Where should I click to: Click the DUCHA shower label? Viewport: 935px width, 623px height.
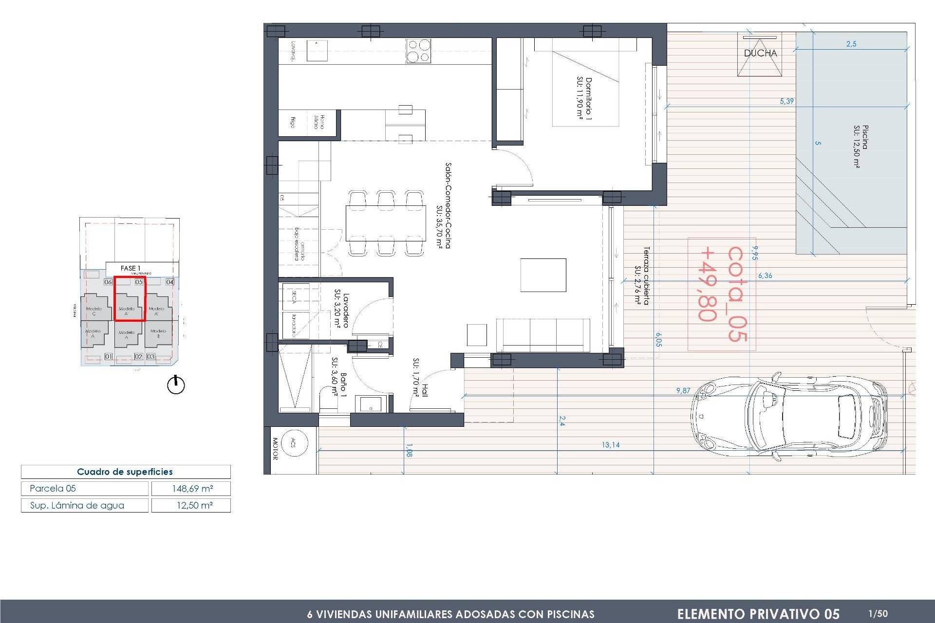point(760,53)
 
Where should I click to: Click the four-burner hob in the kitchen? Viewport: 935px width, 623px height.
point(418,51)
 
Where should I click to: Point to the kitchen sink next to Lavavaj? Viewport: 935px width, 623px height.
point(317,51)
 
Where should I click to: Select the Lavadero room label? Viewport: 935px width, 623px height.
point(342,310)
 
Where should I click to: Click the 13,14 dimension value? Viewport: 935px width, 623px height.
point(610,445)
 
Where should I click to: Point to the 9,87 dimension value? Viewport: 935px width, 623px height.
point(683,390)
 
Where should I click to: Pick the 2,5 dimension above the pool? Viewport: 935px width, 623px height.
point(851,44)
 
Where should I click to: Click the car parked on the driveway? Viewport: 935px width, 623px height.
point(789,417)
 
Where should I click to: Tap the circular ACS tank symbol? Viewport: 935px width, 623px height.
point(294,443)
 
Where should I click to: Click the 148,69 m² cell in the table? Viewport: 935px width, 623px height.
point(191,489)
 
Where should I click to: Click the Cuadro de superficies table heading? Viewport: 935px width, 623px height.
point(125,472)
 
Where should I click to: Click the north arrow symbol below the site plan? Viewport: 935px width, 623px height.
point(176,385)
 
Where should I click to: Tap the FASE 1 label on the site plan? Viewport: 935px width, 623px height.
point(130,268)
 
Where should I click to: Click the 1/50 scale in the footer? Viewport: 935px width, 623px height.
point(878,614)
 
